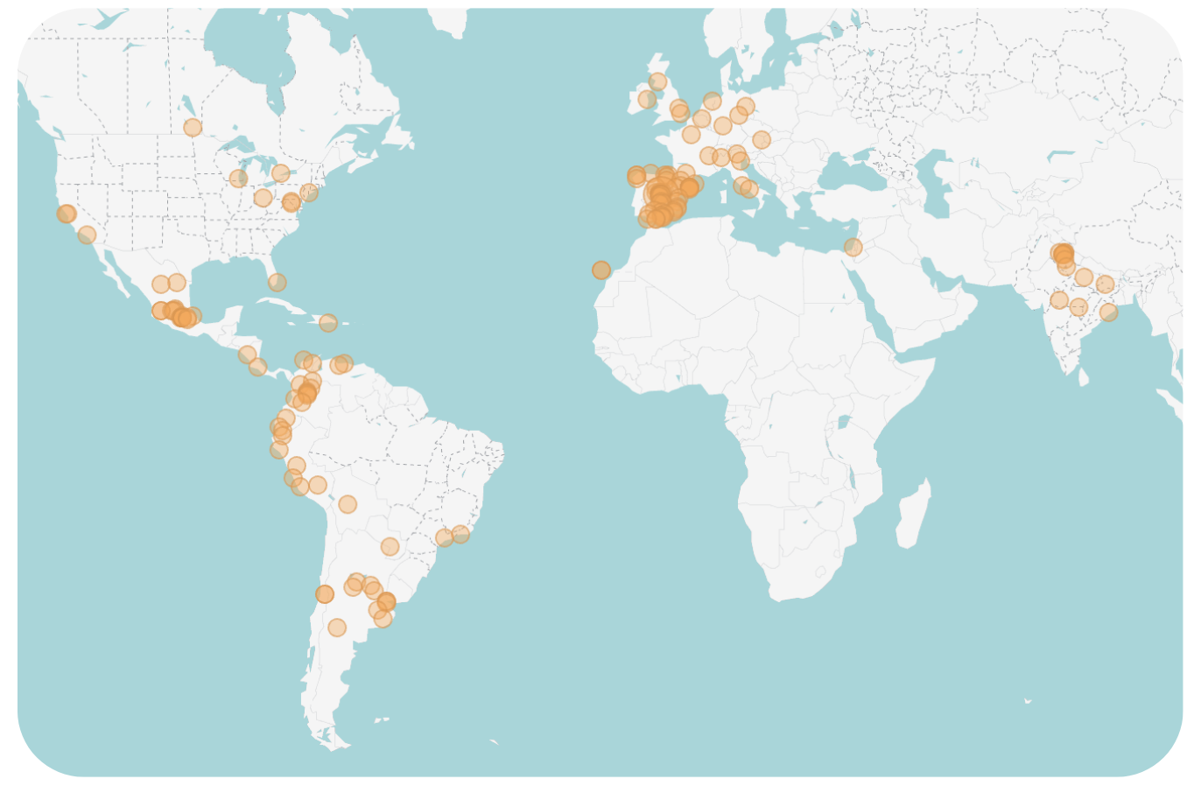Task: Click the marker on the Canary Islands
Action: point(601,270)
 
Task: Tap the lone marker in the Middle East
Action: point(853,247)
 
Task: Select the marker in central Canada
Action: point(193,128)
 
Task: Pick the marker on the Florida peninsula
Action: point(277,282)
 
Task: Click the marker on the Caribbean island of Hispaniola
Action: point(328,323)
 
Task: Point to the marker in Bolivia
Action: point(348,504)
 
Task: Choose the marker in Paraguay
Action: point(390,547)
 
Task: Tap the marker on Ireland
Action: point(647,99)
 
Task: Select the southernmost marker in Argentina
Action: point(337,628)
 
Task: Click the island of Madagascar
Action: point(913,516)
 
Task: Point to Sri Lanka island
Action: point(1084,376)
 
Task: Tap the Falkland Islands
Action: point(381,719)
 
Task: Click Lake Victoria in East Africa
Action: point(843,422)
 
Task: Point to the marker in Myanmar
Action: point(1109,312)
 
